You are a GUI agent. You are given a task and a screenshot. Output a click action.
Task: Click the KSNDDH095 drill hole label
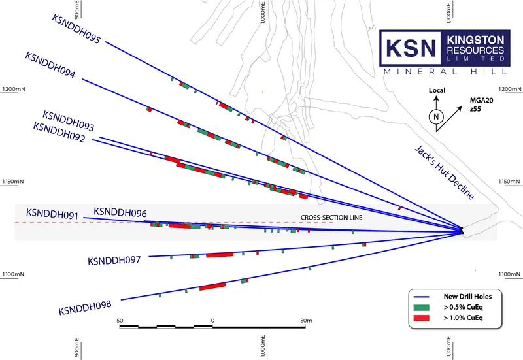(76, 29)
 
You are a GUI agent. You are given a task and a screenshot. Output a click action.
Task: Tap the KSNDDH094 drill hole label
(50, 65)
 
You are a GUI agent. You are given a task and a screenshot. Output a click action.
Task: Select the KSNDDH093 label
(69, 121)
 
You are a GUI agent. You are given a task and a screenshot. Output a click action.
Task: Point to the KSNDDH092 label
(59, 132)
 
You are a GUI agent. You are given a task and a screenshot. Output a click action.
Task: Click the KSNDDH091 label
(52, 214)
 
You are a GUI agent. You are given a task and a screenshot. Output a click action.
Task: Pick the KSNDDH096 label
(120, 212)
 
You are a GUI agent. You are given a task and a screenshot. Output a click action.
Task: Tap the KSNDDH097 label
(114, 260)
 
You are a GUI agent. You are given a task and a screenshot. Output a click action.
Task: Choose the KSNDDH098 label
(85, 307)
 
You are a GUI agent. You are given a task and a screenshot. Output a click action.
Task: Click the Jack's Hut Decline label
(445, 172)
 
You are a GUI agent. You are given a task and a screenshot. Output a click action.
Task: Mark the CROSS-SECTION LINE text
(331, 218)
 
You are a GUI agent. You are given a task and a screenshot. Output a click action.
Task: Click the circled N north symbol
(436, 117)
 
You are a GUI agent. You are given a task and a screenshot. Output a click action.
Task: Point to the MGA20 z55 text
(481, 105)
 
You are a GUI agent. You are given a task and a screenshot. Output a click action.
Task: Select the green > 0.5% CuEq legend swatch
(421, 307)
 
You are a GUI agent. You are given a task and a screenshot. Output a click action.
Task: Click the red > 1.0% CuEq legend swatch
(421, 318)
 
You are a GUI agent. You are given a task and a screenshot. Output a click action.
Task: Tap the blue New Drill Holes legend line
(421, 297)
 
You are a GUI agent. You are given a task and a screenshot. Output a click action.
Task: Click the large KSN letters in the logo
(411, 48)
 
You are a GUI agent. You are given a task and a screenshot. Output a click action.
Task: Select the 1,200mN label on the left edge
(14, 89)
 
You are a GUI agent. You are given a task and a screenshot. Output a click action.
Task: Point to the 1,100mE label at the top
(448, 13)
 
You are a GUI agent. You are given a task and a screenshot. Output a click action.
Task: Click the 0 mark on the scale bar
(213, 321)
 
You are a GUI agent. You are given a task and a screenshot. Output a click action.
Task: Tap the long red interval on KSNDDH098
(212, 286)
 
